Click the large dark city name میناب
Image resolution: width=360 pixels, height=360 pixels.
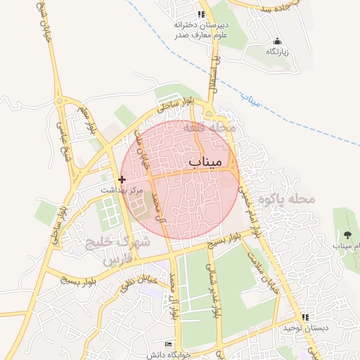pos(206,162)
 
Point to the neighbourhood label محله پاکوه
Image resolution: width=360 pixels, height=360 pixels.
pos(285,199)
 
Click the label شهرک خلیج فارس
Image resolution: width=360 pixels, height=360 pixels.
pos(117,250)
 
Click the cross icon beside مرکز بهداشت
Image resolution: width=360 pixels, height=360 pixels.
pos(122,180)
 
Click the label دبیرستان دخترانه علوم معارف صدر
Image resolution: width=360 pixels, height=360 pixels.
pos(202,27)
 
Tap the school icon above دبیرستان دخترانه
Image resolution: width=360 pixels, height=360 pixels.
pos(200,13)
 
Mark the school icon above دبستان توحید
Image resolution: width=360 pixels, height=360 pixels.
pos(304,317)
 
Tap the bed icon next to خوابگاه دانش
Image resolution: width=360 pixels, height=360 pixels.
pos(167,343)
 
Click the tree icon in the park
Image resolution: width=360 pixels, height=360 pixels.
pos(347,234)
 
